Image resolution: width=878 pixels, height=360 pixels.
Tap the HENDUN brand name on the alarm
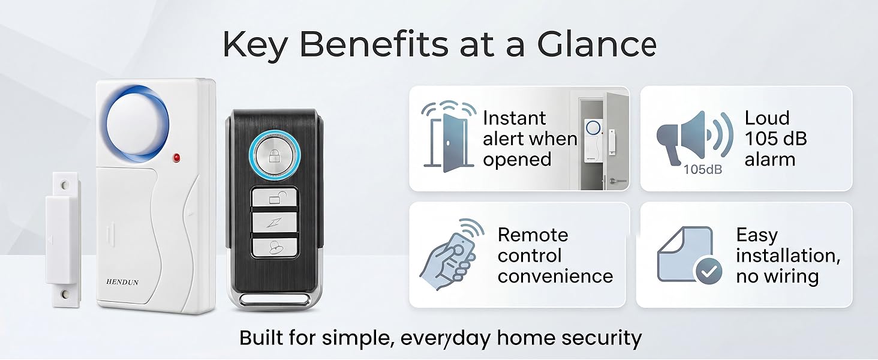[x=122, y=282]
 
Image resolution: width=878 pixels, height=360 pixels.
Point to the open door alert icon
[x=444, y=139]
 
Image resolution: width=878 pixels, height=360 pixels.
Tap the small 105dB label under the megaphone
[x=702, y=170]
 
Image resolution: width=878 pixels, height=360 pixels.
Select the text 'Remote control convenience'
[x=555, y=255]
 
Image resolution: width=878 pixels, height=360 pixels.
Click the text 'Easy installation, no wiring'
[x=787, y=255]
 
